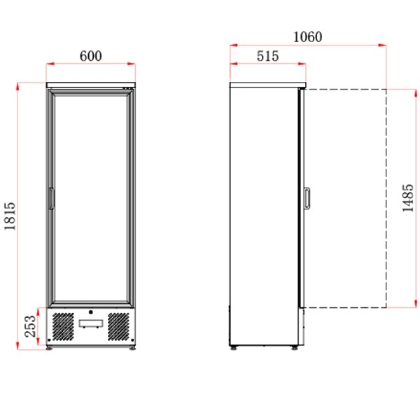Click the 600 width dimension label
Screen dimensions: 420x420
pyautogui.click(x=91, y=56)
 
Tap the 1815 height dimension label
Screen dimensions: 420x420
pyautogui.click(x=10, y=216)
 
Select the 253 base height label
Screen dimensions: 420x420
pyautogui.click(x=30, y=326)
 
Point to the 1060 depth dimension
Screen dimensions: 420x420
pyautogui.click(x=308, y=37)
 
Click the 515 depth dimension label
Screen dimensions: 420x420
pyautogui.click(x=267, y=56)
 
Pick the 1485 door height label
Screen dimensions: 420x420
pyautogui.click(x=408, y=198)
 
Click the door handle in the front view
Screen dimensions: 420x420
pyautogui.click(x=51, y=198)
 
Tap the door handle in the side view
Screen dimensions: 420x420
pyautogui.click(x=307, y=198)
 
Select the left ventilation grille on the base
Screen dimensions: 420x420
pyautogui.click(x=63, y=326)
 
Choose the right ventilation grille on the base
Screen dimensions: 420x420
pyautogui.click(x=118, y=326)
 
